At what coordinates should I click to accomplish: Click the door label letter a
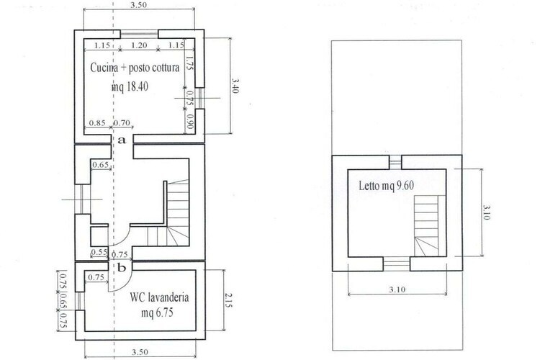point(122,140)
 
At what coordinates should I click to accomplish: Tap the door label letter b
point(122,267)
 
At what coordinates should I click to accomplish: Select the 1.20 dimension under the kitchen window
point(139,45)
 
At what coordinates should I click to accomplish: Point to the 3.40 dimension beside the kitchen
point(235,86)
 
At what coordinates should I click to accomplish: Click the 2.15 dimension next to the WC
point(228,300)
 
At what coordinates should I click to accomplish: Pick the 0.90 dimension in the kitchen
point(190,122)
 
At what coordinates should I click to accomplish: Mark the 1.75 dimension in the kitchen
point(189,63)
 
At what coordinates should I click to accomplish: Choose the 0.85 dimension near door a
point(97,122)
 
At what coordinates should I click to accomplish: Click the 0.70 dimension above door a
point(122,122)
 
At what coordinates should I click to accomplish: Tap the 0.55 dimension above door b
point(99,252)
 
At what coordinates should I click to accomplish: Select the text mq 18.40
point(130,86)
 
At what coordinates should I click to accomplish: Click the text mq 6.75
point(157,312)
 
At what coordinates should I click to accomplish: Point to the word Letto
point(369,186)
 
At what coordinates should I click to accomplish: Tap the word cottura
point(166,68)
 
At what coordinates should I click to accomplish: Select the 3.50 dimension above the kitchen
point(139,5)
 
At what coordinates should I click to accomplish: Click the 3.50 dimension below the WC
point(140,352)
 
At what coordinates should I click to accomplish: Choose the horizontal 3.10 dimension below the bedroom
point(397,289)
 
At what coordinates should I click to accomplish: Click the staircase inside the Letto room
point(426,226)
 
